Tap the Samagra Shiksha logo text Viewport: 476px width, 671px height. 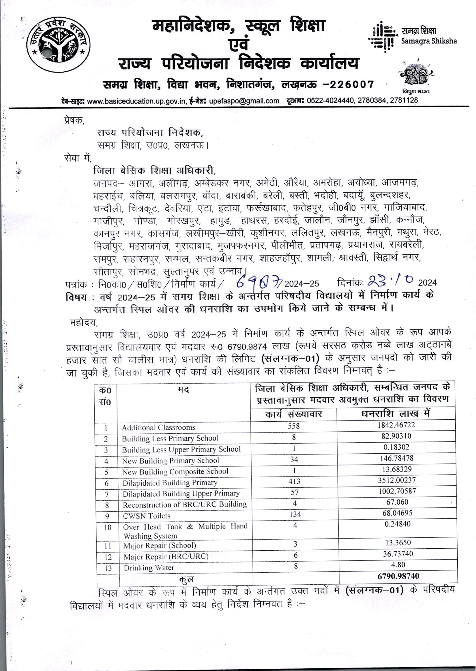point(429,36)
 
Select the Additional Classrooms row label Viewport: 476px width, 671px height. point(158,427)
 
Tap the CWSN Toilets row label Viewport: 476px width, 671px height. point(147,516)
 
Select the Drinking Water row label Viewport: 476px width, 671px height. point(149,568)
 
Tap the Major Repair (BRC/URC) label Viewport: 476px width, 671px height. point(166,556)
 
